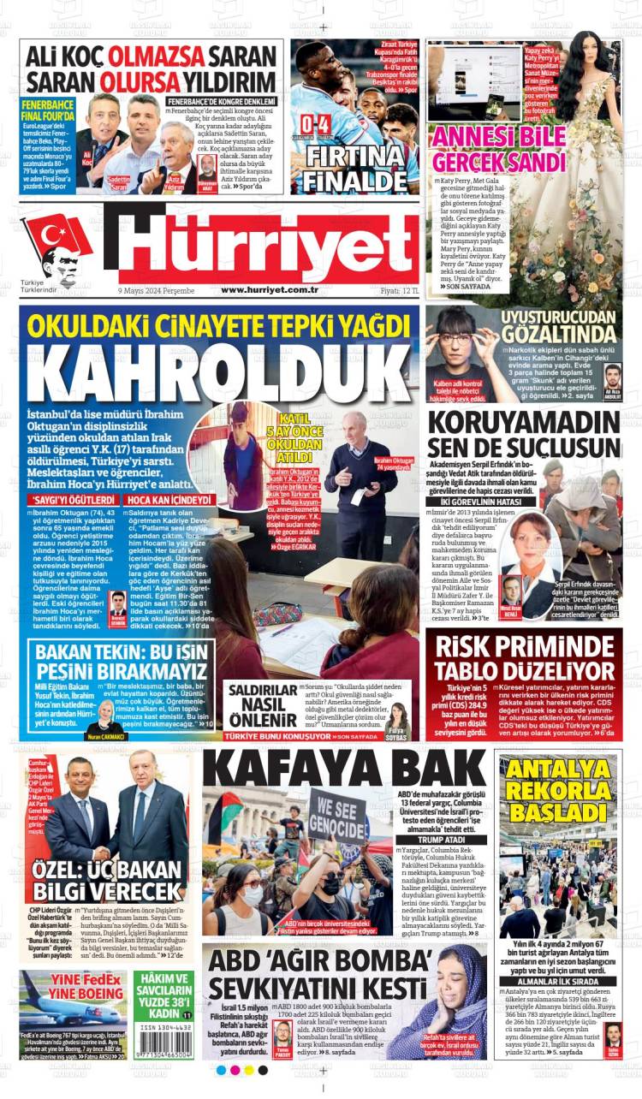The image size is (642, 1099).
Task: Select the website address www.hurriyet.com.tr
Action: [x=270, y=290]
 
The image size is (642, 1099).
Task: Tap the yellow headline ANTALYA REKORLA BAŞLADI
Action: [x=558, y=788]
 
